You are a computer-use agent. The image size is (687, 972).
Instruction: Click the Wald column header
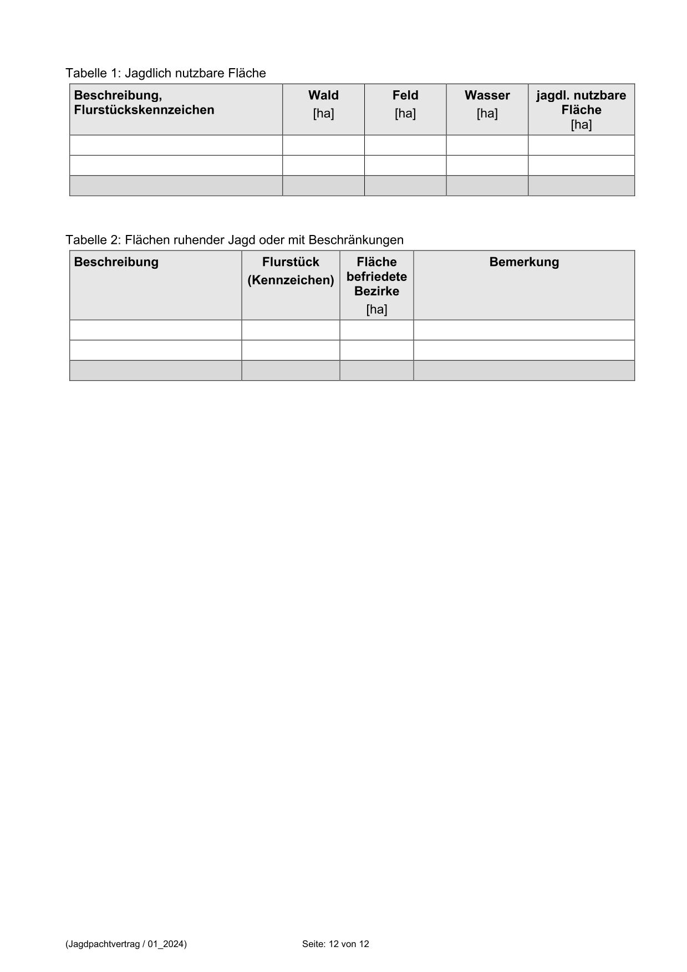(x=323, y=95)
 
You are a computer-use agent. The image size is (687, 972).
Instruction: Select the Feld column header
(x=405, y=95)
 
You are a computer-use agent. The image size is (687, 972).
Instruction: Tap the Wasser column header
(x=487, y=95)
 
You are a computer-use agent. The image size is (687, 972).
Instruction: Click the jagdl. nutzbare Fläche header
(x=581, y=103)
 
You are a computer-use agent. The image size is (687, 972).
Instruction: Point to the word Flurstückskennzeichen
(x=144, y=110)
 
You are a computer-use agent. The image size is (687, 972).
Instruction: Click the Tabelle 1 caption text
(x=165, y=73)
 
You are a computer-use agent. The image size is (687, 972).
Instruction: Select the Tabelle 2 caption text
(x=234, y=240)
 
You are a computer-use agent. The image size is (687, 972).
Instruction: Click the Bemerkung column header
(x=524, y=262)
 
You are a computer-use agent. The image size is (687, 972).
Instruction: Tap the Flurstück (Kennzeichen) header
(x=291, y=271)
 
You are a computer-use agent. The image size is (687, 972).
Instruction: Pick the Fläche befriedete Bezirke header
(x=376, y=277)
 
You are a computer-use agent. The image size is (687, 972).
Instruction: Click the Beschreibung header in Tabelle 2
(x=116, y=262)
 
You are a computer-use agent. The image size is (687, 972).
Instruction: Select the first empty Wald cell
(x=323, y=145)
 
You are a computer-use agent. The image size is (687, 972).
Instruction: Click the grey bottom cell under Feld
(x=405, y=186)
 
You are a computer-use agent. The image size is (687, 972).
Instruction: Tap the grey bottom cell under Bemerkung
(x=524, y=370)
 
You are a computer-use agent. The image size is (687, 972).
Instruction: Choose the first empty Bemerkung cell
(x=524, y=330)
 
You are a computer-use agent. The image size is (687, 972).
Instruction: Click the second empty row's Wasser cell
(x=487, y=165)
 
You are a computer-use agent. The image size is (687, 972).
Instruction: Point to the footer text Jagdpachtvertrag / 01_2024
(x=126, y=944)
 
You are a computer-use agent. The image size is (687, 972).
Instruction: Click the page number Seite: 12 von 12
(x=335, y=944)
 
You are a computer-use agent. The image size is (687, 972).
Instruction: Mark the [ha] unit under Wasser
(x=487, y=114)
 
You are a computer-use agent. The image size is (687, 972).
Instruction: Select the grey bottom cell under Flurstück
(x=291, y=370)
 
